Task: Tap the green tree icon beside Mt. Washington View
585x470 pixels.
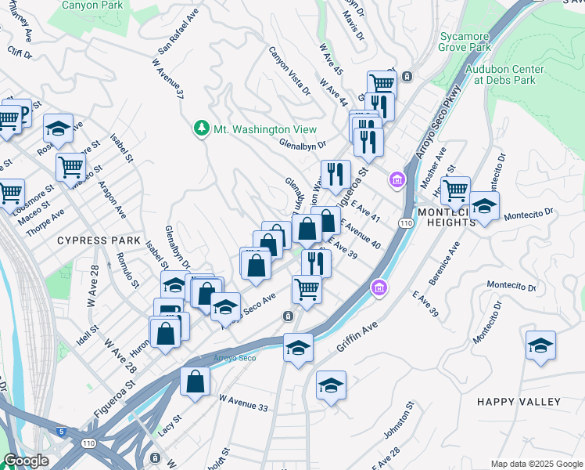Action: coord(202,128)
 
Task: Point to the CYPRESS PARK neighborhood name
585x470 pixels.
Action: coord(99,240)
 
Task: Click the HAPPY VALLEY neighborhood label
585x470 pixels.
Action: coord(519,402)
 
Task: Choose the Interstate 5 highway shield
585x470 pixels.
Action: coord(61,431)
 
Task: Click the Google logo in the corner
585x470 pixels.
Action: coord(26,461)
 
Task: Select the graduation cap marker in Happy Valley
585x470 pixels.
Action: coord(540,346)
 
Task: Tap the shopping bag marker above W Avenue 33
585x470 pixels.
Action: coord(196,381)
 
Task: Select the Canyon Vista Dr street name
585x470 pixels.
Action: coord(289,71)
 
